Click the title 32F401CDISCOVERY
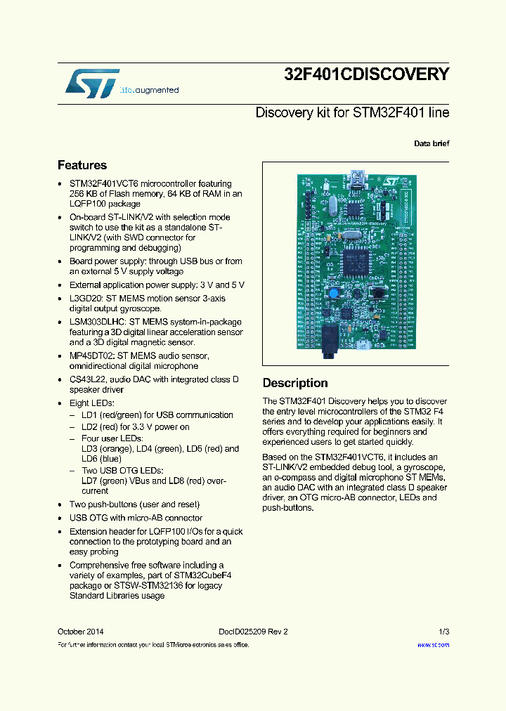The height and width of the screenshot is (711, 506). [366, 74]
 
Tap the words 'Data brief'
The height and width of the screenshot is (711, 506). [432, 143]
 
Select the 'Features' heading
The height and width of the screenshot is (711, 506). [82, 165]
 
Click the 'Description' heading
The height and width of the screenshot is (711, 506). [295, 383]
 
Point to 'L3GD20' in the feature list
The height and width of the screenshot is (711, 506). [85, 297]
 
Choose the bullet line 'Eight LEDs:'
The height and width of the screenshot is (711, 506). [91, 403]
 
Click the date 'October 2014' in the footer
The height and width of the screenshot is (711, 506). [80, 632]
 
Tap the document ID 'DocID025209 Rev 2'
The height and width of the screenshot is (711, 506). [248, 632]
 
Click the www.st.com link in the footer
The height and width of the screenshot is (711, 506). [433, 644]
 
